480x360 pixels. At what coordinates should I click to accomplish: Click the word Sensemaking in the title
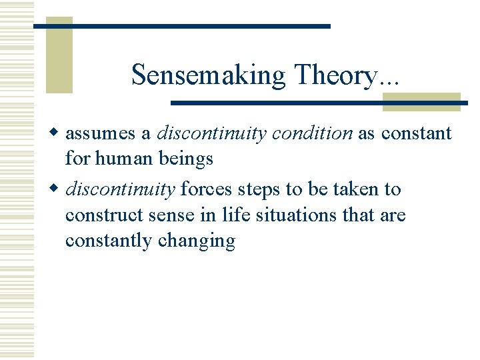point(209,75)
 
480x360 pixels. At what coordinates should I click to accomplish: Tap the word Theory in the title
point(331,75)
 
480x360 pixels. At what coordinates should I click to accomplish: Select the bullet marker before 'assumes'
point(58,133)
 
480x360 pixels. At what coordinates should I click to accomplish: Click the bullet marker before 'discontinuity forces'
point(58,189)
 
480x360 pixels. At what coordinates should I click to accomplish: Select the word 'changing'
point(197,241)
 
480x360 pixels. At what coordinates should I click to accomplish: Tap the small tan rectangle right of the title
point(421,102)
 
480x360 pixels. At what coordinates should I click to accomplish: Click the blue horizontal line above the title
point(182,26)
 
